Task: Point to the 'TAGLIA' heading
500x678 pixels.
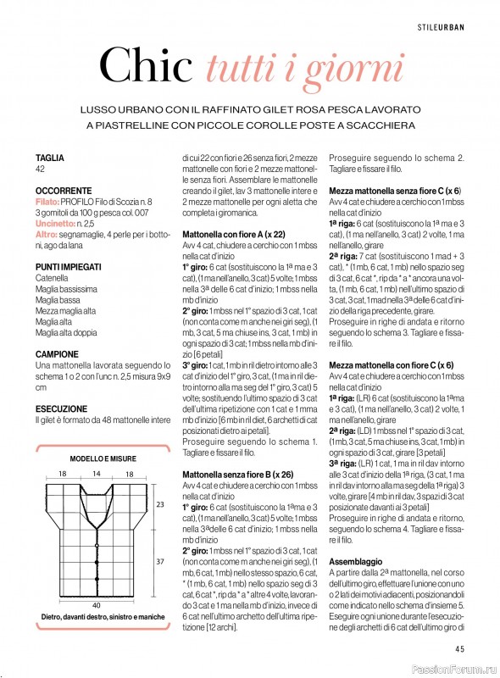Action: pos(49,158)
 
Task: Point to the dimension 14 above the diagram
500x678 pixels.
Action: pos(97,473)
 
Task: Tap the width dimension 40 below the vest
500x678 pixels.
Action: pos(96,630)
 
